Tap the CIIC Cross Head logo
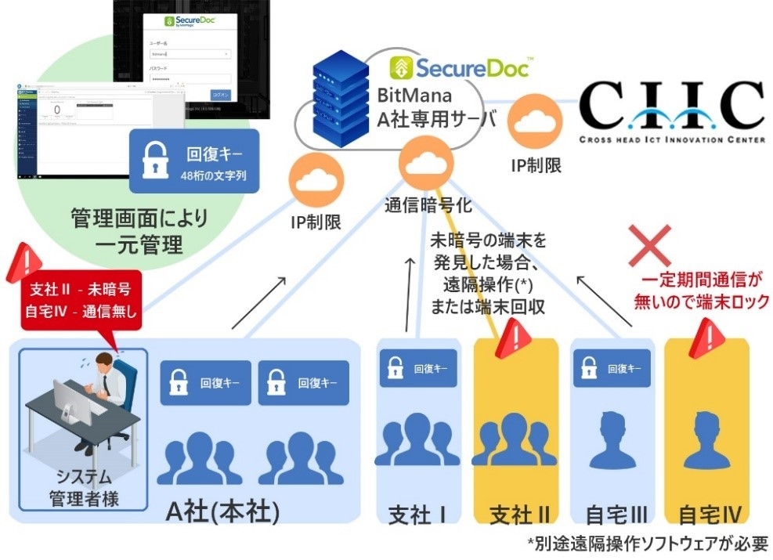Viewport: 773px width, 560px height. pyautogui.click(x=671, y=112)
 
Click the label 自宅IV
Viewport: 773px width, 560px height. pyautogui.click(x=709, y=515)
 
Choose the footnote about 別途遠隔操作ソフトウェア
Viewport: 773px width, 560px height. pyautogui.click(x=647, y=544)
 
